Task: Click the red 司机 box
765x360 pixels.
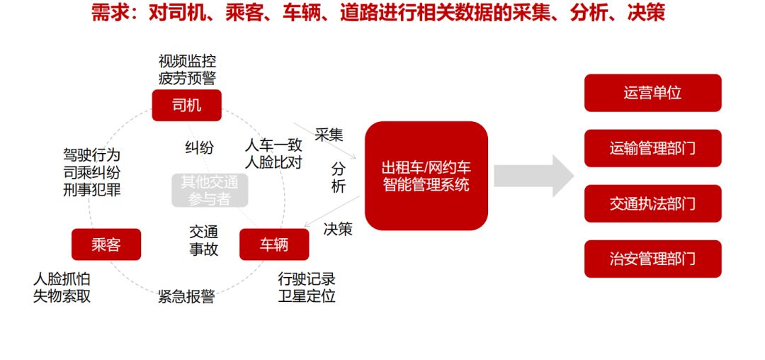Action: [187, 106]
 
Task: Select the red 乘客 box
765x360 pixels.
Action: [106, 244]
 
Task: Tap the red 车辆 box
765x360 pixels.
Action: [274, 244]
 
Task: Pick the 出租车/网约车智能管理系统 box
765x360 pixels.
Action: [426, 176]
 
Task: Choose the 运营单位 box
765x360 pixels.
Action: [652, 93]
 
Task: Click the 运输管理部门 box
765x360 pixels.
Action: [652, 148]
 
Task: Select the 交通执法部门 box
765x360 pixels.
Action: [652, 203]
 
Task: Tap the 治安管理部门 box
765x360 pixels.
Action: [652, 259]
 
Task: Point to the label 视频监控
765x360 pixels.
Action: [187, 61]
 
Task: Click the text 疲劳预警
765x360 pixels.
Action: [187, 77]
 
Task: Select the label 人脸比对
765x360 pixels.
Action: [273, 162]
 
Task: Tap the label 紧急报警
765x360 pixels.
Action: [186, 296]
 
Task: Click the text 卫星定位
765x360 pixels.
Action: [307, 296]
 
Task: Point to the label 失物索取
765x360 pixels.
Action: [62, 296]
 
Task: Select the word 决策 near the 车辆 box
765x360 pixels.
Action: [338, 229]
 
